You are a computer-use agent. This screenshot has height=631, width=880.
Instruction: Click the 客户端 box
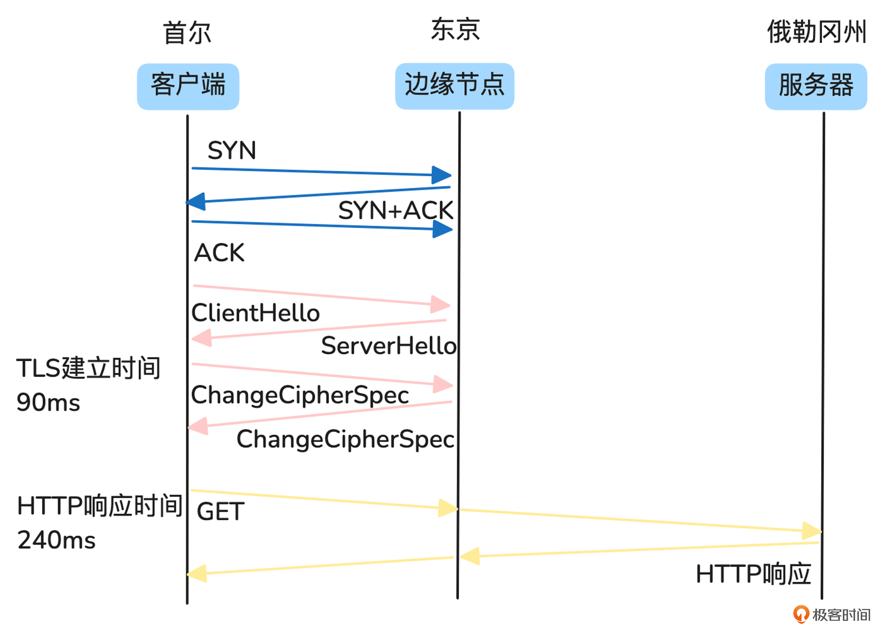click(x=188, y=86)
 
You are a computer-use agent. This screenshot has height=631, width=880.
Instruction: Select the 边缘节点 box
click(x=454, y=86)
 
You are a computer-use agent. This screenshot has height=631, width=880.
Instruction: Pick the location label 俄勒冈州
click(x=816, y=32)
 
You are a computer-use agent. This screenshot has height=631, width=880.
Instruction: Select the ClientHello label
click(x=255, y=313)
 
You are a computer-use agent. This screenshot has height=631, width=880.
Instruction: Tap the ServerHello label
click(x=388, y=346)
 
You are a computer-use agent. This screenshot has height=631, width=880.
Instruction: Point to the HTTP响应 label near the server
click(x=753, y=574)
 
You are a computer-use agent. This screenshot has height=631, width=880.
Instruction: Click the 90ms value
click(x=48, y=402)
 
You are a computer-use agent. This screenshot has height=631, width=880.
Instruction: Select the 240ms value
click(x=56, y=540)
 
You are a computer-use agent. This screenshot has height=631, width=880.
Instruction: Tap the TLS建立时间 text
click(x=88, y=368)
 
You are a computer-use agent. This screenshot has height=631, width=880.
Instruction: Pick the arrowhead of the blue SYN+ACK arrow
click(x=196, y=202)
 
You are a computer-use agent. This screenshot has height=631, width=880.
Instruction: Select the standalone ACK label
click(x=219, y=253)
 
